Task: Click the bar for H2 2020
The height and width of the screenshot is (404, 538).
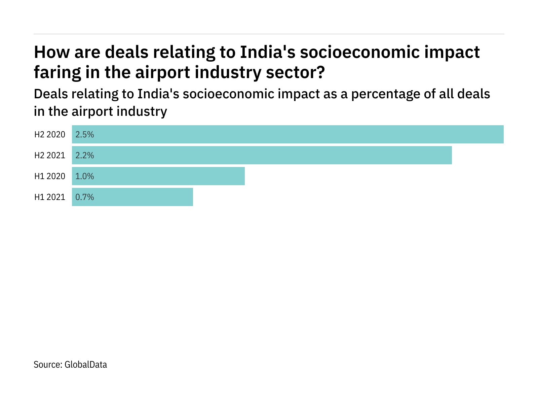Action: (288, 134)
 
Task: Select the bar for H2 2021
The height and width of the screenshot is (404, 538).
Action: (262, 155)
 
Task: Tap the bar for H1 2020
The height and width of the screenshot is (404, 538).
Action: (158, 176)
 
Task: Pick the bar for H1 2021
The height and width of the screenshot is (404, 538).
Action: (132, 197)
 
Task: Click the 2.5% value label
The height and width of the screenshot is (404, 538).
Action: (85, 135)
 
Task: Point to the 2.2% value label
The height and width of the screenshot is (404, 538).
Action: (85, 156)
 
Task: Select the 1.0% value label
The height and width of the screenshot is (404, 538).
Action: (85, 176)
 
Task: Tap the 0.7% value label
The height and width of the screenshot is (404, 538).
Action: (85, 197)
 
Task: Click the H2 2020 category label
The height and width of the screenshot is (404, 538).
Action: (50, 135)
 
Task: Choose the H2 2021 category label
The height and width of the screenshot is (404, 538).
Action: (50, 156)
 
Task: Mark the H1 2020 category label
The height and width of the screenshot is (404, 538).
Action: (50, 176)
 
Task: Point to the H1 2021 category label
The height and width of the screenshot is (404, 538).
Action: (50, 197)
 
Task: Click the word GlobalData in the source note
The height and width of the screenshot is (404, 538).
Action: (86, 365)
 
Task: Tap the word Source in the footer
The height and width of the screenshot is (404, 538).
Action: (47, 365)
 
